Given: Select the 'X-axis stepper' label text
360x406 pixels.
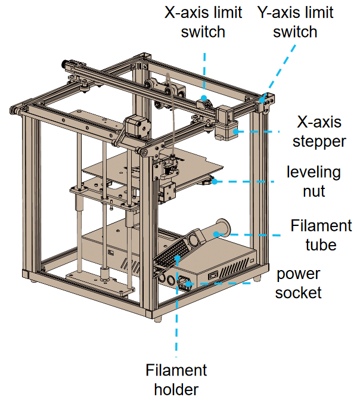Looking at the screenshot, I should [x=319, y=132].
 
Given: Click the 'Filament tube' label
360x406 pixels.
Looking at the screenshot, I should [x=321, y=235].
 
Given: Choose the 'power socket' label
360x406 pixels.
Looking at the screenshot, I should [x=298, y=283].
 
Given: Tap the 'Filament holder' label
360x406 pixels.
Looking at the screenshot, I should [x=176, y=380].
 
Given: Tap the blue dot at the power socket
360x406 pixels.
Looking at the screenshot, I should [x=190, y=283].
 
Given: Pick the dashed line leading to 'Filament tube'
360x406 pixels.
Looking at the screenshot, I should [x=256, y=235].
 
